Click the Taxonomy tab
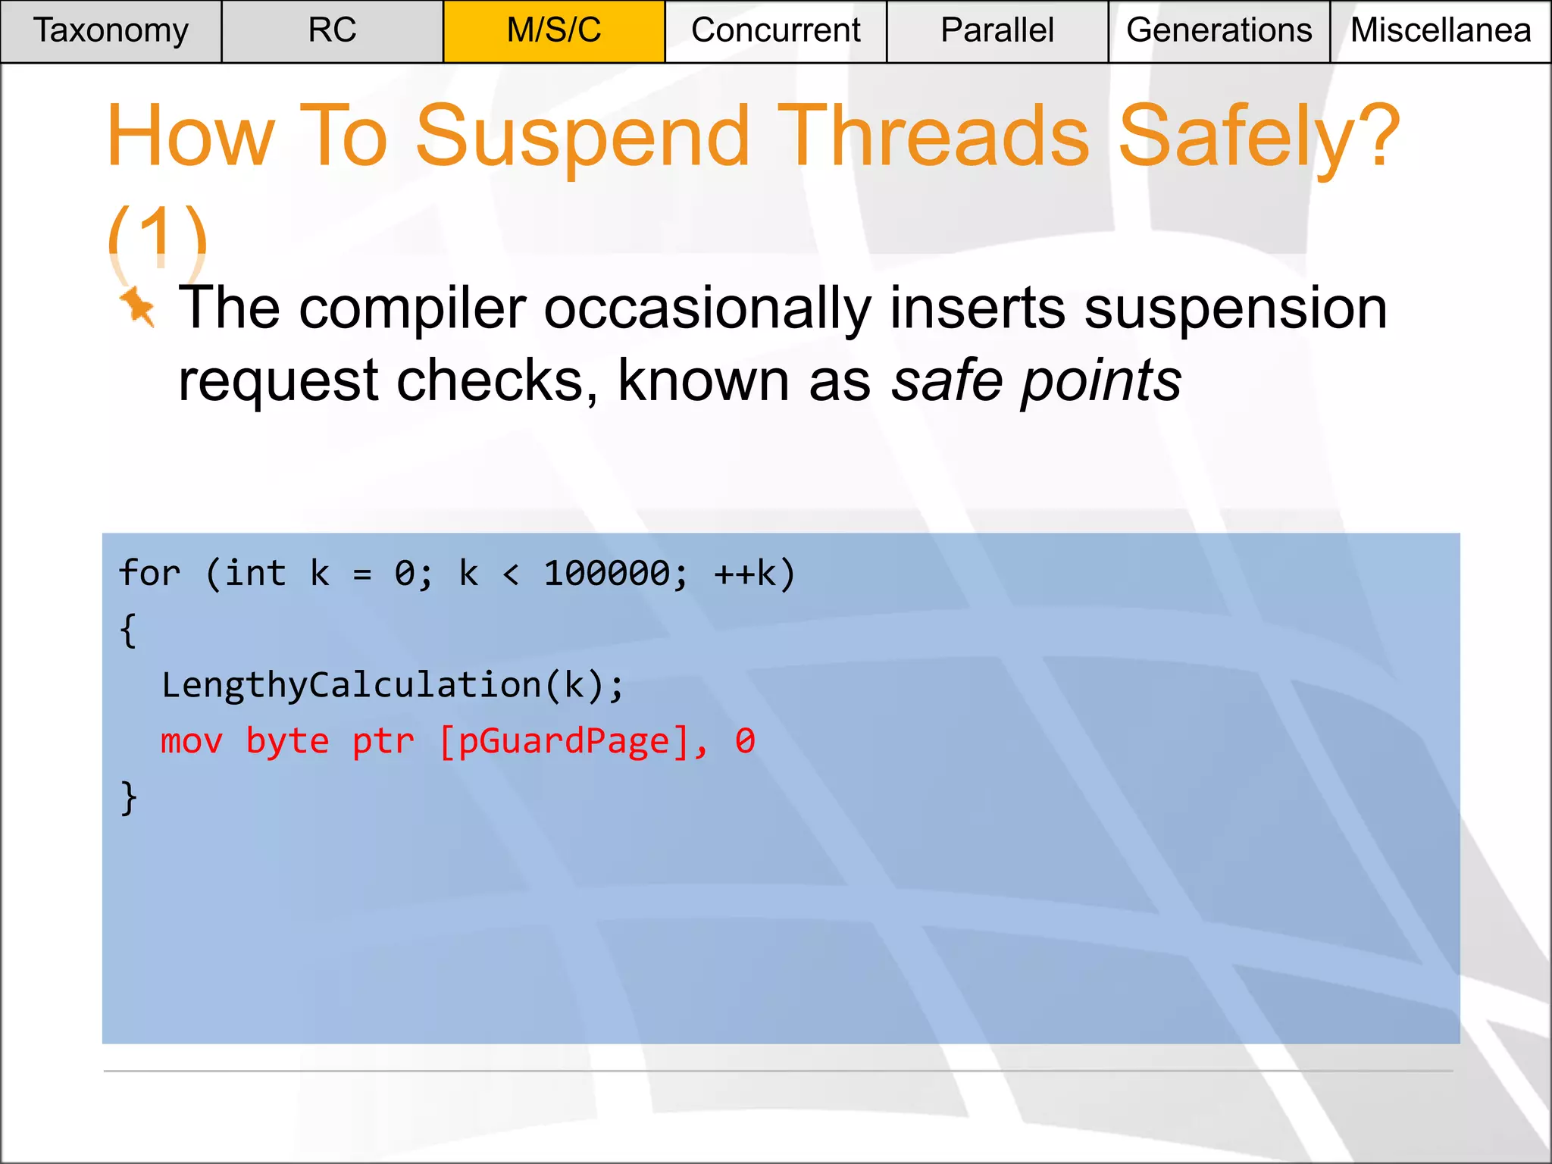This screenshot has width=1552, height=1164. click(x=111, y=31)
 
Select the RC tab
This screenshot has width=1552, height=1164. click(x=332, y=31)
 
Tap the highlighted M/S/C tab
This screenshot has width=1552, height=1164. click(x=554, y=31)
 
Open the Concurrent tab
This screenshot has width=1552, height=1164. click(x=775, y=31)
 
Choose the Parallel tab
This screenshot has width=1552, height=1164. click(x=997, y=31)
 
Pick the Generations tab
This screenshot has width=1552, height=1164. click(x=1219, y=31)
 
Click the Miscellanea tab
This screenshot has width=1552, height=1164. click(x=1441, y=31)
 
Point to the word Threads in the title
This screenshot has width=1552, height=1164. click(x=933, y=136)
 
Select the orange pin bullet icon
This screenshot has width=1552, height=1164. click(x=138, y=307)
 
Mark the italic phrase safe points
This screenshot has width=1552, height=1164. click(x=1035, y=380)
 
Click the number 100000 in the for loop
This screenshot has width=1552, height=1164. click(x=607, y=574)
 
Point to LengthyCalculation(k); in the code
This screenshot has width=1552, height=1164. click(x=393, y=685)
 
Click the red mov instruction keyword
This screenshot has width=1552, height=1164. click(x=191, y=741)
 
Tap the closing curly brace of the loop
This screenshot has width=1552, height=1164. click(x=129, y=797)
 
